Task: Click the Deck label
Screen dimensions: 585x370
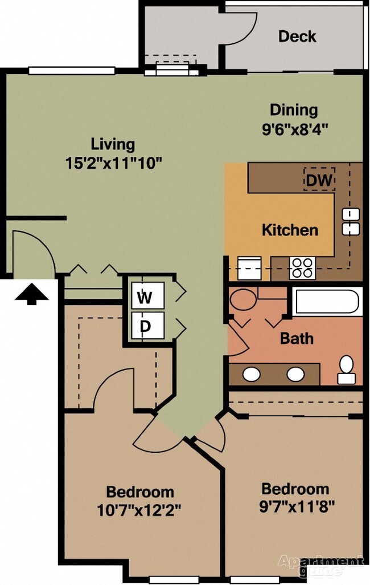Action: [297, 36]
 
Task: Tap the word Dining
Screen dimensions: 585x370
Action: [294, 109]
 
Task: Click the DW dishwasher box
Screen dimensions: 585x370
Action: [319, 180]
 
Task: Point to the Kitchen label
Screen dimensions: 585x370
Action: [290, 230]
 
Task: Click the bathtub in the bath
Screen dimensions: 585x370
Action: [327, 301]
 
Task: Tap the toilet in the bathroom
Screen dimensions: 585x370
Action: [346, 369]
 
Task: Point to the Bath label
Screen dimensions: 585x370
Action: [297, 338]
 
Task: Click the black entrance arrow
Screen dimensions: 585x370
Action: [31, 295]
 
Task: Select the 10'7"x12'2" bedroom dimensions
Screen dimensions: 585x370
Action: [139, 509]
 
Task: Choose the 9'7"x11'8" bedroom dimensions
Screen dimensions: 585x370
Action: [297, 505]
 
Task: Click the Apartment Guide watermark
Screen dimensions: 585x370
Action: [320, 564]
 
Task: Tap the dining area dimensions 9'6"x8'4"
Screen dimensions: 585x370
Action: [295, 128]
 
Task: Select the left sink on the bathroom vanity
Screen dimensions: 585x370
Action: [252, 374]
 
